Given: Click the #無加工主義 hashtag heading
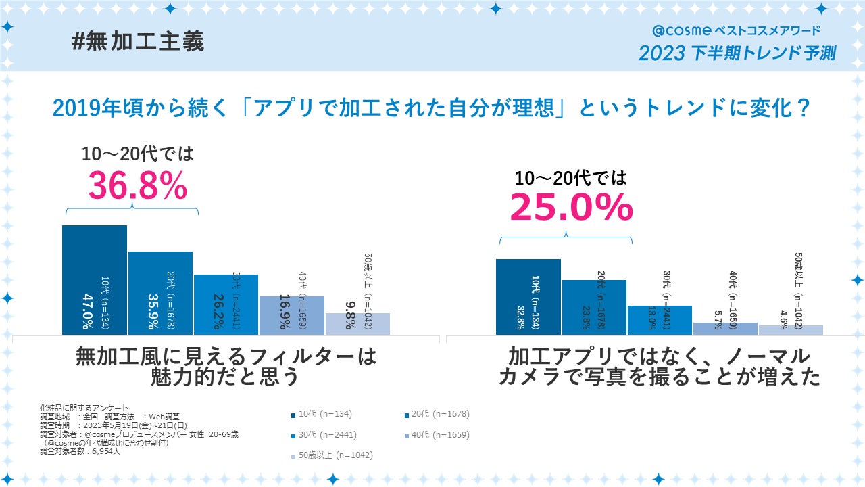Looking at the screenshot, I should pos(138,42).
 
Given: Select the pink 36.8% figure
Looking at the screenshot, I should pos(138,186).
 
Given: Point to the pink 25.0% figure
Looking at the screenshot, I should pos(571,208).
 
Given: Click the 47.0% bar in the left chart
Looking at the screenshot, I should pos(95,280).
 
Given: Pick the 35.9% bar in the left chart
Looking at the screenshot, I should pos(160,293).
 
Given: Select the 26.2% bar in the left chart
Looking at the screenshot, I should pos(226,304).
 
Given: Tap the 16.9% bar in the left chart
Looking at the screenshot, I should pos(292,315).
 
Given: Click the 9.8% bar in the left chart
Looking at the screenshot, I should pos(357,324).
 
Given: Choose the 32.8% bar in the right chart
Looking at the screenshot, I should pos(528,297).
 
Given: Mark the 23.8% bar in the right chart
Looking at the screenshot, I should pos(594,307).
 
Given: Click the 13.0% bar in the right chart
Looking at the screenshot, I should pos(660,320).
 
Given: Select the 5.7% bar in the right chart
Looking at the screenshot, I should pos(725,329).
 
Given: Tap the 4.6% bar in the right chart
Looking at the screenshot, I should pos(791,330).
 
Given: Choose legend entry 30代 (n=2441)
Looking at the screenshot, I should pos(327,435).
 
